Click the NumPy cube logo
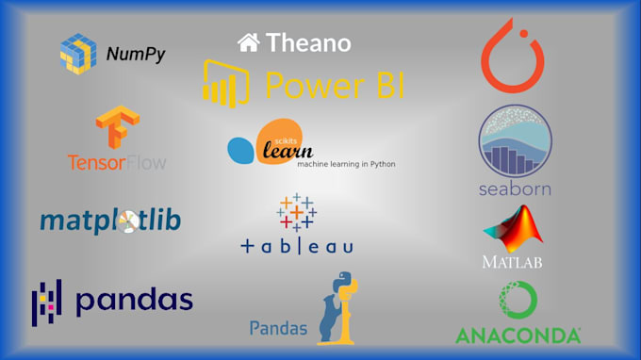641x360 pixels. (x=78, y=53)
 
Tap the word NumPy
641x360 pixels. (x=135, y=55)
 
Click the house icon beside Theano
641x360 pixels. (x=248, y=42)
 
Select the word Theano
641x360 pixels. (x=308, y=42)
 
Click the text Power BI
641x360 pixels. (x=335, y=85)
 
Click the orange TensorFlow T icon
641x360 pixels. (x=116, y=127)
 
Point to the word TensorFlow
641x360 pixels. (x=117, y=162)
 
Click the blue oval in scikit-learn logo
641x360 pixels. (x=241, y=149)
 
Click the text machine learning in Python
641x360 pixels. (x=346, y=164)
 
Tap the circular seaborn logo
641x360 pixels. (x=514, y=139)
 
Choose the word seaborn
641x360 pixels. (x=514, y=188)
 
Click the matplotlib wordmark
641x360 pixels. (x=110, y=221)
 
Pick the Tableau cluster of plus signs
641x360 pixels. (x=296, y=213)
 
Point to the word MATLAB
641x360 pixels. (x=512, y=261)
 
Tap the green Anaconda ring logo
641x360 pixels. (x=518, y=301)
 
